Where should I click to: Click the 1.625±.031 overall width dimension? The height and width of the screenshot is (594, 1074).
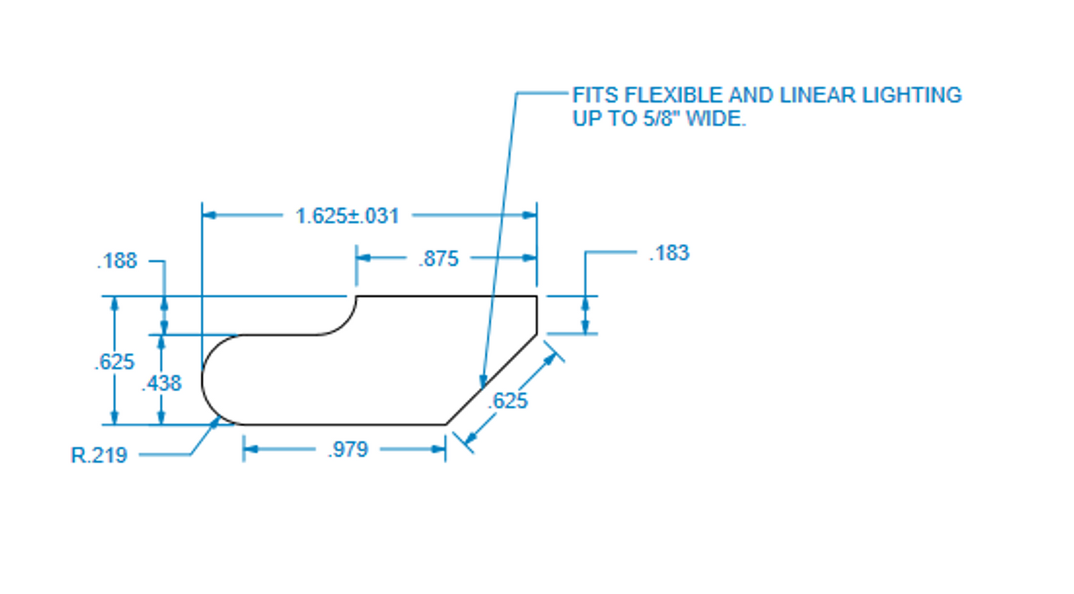[x=347, y=216]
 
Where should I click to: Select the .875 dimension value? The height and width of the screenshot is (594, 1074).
[x=439, y=259]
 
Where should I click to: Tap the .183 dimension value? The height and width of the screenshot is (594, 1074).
[x=669, y=254]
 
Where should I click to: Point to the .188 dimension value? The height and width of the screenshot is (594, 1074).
[x=117, y=261]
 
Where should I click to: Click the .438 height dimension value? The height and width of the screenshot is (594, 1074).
[x=161, y=383]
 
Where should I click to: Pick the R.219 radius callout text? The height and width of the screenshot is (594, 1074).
[x=100, y=455]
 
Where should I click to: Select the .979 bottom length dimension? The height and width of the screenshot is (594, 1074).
[x=347, y=450]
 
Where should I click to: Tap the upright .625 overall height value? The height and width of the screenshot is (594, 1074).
[x=114, y=362]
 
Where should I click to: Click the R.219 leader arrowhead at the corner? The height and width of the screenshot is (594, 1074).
[x=217, y=421]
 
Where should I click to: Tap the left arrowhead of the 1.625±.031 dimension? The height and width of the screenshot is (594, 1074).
[x=209, y=216]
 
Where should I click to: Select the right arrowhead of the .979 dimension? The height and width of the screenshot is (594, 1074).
[x=439, y=449]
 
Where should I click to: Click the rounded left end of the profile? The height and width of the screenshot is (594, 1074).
[x=204, y=379]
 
